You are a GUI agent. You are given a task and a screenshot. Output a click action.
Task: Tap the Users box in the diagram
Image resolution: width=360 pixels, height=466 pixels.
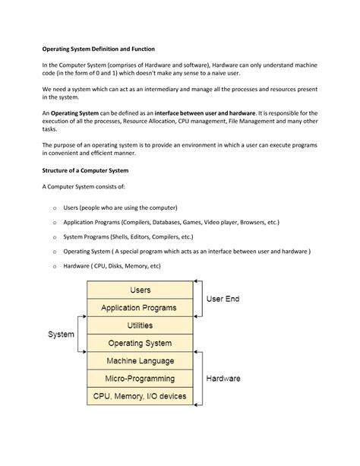141,290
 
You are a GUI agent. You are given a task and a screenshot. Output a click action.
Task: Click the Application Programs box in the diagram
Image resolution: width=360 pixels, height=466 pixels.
141,308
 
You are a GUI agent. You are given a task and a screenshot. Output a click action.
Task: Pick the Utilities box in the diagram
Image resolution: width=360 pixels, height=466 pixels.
141,325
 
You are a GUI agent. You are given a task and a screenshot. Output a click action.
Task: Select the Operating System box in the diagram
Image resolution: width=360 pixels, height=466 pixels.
141,343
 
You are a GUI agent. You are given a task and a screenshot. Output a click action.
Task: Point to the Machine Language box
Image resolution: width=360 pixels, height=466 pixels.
141,360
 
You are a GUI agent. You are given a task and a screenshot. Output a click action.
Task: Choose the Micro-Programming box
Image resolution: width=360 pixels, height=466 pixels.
141,378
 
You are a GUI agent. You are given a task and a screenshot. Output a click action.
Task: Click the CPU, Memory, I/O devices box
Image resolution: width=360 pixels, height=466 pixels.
141,395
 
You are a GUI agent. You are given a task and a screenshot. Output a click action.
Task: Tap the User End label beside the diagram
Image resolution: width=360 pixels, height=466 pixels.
223,300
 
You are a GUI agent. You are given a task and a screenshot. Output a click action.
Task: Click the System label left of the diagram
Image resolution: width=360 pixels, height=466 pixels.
61,334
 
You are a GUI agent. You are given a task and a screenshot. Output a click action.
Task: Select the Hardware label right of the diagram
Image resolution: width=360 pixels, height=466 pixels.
223,378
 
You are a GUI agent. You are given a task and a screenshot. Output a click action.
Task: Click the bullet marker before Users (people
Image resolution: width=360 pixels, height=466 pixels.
55,208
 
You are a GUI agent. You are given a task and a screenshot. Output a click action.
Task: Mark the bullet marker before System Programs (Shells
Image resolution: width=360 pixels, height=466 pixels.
55,237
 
